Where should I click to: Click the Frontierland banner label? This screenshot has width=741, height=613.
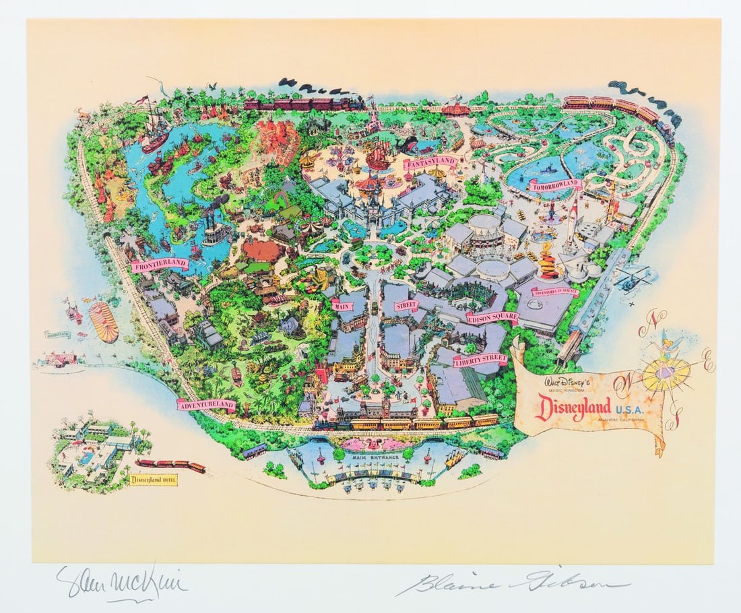click(160, 265)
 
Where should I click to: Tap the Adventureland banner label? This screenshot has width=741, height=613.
click(206, 404)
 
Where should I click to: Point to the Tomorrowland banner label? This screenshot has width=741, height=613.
click(555, 184)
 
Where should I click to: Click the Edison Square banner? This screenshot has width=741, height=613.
click(492, 317)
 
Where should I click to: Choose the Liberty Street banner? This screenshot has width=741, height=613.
click(480, 360)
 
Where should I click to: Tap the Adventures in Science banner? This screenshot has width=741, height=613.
click(555, 292)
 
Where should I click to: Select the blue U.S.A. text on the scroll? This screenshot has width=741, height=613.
click(629, 406)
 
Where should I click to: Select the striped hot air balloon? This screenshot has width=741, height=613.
click(102, 321)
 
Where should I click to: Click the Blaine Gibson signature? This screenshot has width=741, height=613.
click(512, 583)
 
